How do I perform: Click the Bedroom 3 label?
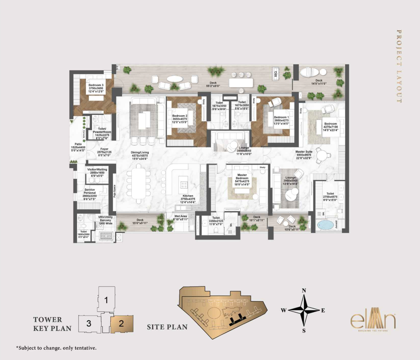[x=96, y=88]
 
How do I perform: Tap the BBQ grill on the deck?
[x=276, y=74]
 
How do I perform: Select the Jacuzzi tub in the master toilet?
[x=326, y=225]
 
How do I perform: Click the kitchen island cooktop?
[x=184, y=185]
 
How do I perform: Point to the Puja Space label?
[x=115, y=191]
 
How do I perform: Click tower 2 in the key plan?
[x=122, y=324]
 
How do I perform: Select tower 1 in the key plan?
[x=106, y=300]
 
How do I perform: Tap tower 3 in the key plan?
[x=89, y=323]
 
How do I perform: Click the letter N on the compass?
[x=304, y=290]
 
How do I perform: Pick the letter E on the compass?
[x=323, y=310]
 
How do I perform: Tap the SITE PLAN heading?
[x=167, y=327]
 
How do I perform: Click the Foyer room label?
[x=104, y=152]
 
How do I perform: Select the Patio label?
[x=78, y=147]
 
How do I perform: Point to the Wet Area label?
[x=180, y=218]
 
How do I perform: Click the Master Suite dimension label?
[x=304, y=155]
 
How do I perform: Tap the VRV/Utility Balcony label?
[x=105, y=220]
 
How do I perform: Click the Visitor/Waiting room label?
[x=97, y=172]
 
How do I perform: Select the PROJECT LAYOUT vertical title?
[x=399, y=66]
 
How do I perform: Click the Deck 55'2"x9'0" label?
[x=213, y=84]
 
